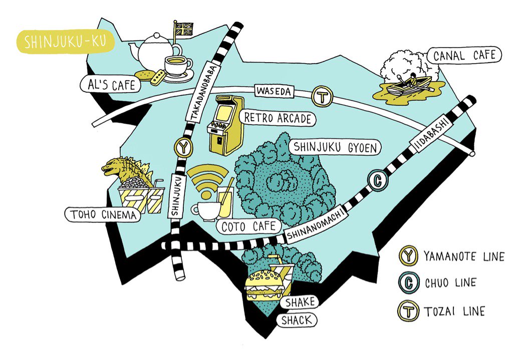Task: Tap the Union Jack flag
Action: [183, 29]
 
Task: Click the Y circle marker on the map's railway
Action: [184, 148]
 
